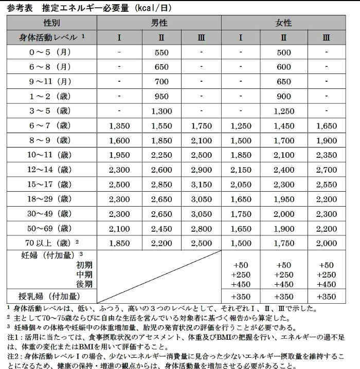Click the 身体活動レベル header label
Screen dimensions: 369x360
point(49,38)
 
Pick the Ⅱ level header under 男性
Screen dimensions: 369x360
point(161,38)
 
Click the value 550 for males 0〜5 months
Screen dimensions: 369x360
point(161,52)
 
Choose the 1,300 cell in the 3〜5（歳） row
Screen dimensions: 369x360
point(161,111)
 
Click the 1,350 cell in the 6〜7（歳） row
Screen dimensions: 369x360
point(119,126)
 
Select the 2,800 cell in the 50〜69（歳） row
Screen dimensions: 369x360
point(201,228)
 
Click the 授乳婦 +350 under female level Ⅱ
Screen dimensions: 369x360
point(283,296)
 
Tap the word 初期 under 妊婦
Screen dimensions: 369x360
point(84,265)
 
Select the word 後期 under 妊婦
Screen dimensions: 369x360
point(84,284)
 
